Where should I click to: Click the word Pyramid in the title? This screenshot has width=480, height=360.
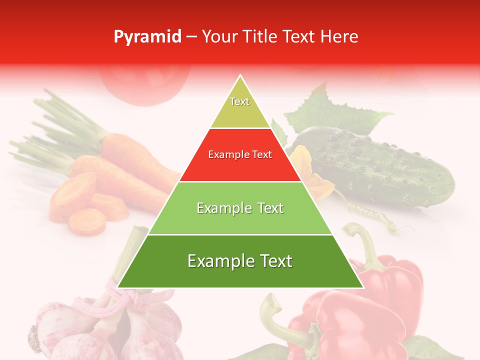pos(147,37)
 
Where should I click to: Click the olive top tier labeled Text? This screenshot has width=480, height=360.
pos(240,107)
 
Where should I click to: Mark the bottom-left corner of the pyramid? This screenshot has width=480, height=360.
pos(118,287)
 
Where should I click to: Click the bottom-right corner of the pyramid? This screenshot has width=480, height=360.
pos(363,287)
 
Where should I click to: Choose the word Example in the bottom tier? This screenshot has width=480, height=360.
pos(215,261)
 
